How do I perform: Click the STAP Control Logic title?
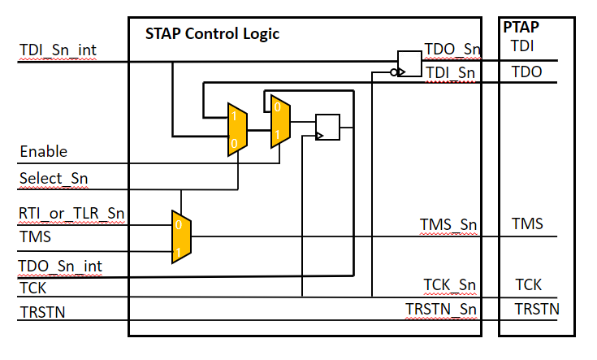pos(212,33)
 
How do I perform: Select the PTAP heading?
pos(521,27)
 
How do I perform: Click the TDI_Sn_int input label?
pos(58,51)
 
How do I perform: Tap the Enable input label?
pos(43,152)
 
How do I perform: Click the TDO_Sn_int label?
pos(61,265)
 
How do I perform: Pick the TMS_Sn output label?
pos(448,224)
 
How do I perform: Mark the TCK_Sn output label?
pos(449,284)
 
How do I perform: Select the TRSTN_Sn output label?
pos(443,309)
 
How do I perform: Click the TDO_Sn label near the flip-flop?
pos(452,50)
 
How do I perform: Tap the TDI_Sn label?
pos(451,72)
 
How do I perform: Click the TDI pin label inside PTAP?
pos(522,46)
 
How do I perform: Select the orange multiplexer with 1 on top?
pos(236,129)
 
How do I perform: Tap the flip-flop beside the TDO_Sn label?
pos(409,63)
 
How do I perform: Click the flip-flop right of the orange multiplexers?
pos(327,127)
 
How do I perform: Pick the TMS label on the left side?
pos(35,236)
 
